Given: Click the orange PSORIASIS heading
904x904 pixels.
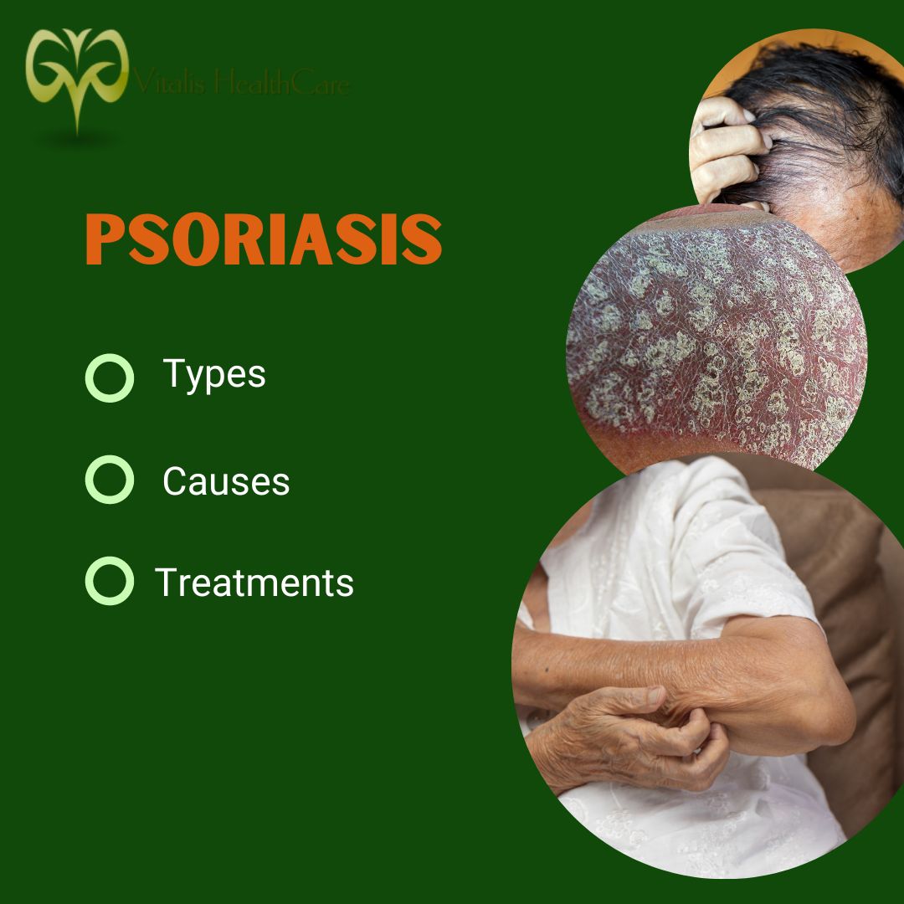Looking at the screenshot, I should tap(264, 240).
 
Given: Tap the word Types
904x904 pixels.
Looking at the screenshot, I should tap(214, 373).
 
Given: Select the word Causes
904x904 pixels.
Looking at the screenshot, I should tap(226, 481).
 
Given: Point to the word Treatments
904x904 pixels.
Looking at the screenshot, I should tap(254, 582).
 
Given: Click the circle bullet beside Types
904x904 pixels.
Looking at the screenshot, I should tap(110, 378).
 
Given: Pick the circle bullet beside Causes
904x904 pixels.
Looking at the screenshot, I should tap(110, 480).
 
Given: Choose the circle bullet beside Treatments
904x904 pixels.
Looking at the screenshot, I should tap(110, 582).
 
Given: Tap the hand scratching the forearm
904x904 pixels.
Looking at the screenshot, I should tap(636, 728).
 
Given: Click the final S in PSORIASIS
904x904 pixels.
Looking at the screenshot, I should tap(422, 240).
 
